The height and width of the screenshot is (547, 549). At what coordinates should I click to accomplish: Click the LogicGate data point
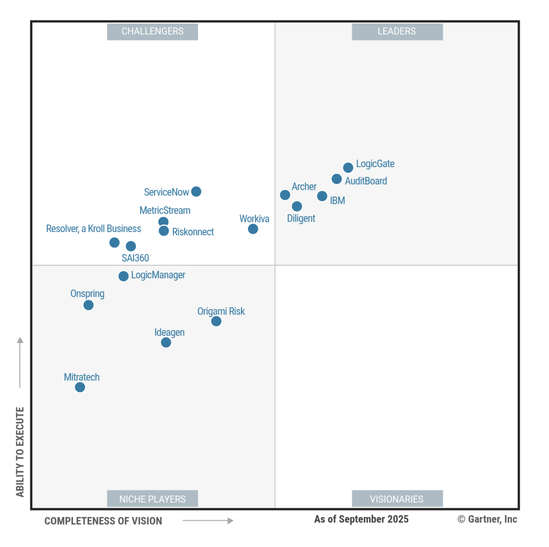348,168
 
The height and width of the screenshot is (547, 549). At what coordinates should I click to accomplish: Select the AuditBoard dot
337,179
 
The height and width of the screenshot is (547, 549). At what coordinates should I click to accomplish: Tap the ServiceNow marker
196,192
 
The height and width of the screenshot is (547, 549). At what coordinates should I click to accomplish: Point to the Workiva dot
253,229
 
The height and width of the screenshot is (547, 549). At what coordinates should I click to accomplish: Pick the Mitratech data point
80,387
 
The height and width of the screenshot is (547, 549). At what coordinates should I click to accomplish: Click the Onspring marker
88,305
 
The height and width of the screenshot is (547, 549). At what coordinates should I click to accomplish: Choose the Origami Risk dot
216,321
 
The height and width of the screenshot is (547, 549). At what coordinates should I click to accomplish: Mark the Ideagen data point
166,342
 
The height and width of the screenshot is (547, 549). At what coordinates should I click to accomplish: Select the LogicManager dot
123,276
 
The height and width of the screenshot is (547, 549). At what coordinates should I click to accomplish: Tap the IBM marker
322,196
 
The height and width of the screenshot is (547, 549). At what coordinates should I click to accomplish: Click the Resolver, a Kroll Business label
94,229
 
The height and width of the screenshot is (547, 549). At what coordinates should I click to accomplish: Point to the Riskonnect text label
193,232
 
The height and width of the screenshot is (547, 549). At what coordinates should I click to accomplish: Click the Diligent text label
301,218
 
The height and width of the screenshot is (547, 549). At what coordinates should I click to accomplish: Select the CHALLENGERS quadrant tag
152,32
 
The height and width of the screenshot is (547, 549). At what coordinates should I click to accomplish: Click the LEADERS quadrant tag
397,32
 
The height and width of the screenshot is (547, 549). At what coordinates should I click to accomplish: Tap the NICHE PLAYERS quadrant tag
152,499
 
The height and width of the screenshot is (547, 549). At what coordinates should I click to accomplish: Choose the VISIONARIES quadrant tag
397,499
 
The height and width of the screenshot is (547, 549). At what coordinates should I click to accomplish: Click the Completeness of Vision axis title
103,521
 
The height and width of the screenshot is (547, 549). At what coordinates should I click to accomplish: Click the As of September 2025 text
361,519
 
